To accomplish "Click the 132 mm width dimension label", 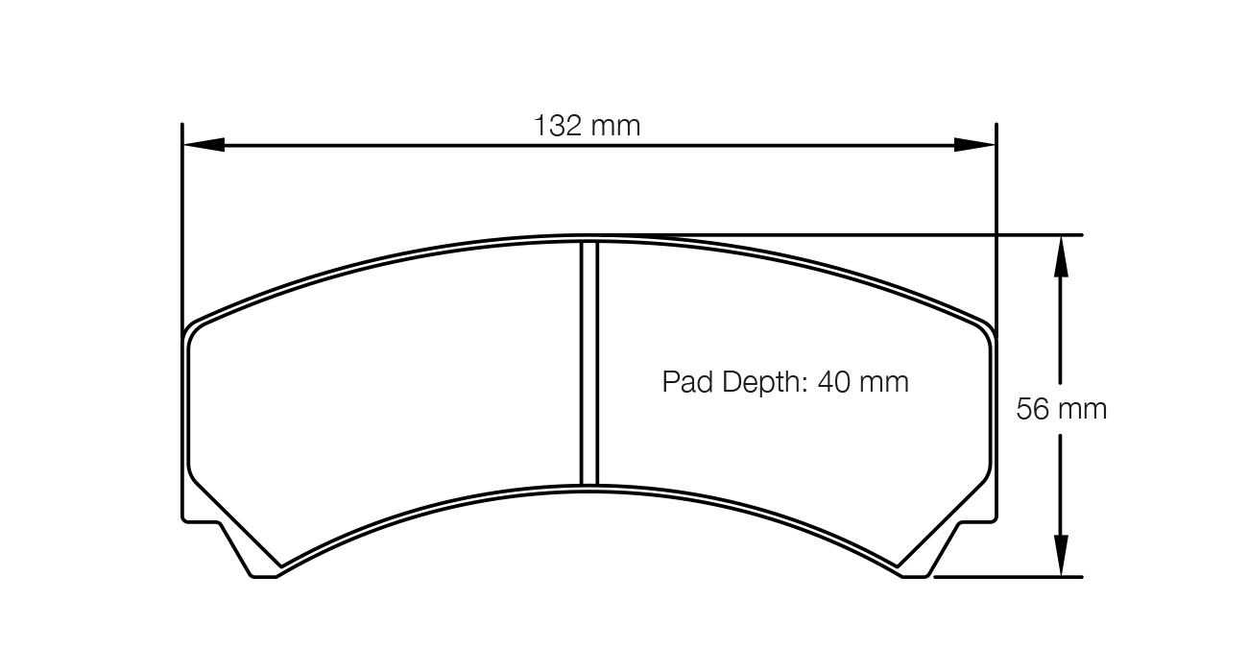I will pos(587,126).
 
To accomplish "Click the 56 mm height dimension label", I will pos(1061,410).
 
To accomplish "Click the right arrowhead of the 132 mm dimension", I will pos(975,145).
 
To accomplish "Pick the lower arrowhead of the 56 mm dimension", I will pos(1060,556).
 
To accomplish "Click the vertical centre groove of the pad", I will pos(589,365).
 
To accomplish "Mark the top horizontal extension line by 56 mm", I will pos(1037,234).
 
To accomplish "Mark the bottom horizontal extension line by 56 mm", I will pos(1008,577).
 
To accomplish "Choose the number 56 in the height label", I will pos(1033,410).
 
